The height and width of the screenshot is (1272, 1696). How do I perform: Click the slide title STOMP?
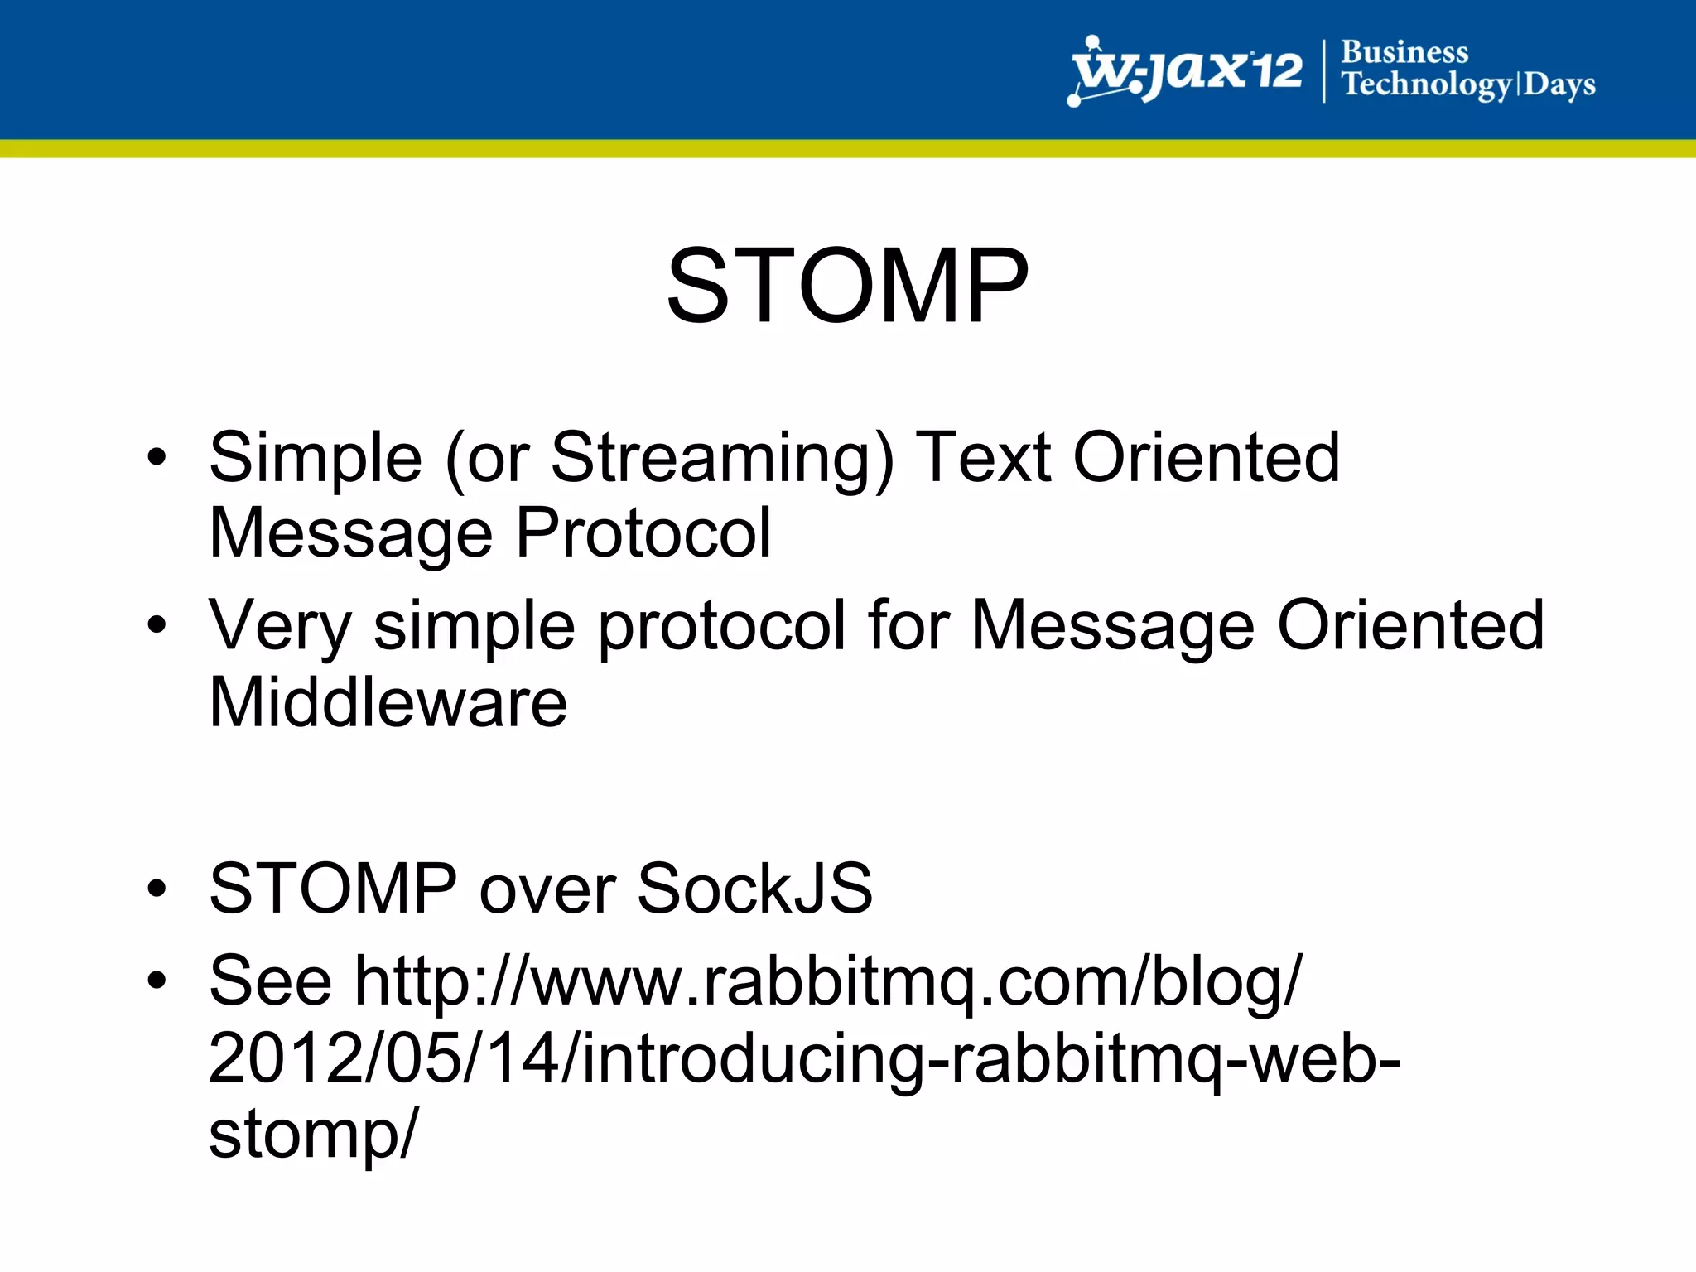[x=847, y=287]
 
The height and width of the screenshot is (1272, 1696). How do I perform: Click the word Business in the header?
[x=1404, y=52]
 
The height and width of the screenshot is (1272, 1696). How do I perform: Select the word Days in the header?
[x=1559, y=84]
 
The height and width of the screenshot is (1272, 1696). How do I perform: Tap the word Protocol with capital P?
[x=643, y=533]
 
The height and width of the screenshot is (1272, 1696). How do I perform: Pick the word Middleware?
[x=388, y=702]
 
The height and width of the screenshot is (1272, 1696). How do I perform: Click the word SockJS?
[x=754, y=889]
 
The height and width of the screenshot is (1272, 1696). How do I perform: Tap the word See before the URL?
[x=270, y=981]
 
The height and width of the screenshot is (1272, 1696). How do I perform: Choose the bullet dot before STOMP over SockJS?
[x=157, y=889]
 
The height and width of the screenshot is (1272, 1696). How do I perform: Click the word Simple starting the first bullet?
[x=316, y=460]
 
